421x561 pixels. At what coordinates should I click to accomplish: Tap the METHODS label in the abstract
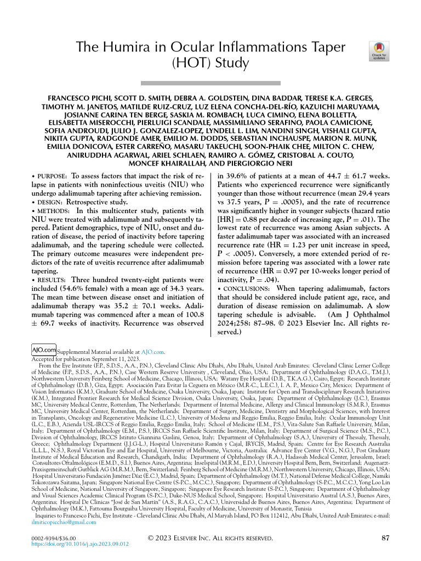click(52, 211)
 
